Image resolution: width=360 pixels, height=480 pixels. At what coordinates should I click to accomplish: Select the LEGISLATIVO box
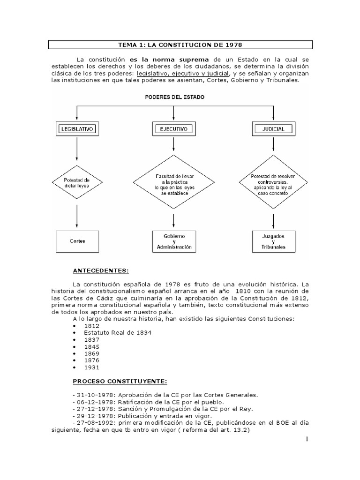pyautogui.click(x=76, y=127)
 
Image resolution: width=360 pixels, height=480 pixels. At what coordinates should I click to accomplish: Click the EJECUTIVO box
pyautogui.click(x=174, y=127)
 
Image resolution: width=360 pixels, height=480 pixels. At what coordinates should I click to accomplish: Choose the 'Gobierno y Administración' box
pyautogui.click(x=174, y=241)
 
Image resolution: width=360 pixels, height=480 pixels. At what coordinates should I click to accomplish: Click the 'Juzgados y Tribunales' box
pyautogui.click(x=273, y=241)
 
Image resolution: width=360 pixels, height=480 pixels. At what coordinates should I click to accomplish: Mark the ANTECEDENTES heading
pyautogui.click(x=100, y=270)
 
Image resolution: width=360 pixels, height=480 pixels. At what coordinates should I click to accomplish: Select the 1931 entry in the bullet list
pyautogui.click(x=92, y=367)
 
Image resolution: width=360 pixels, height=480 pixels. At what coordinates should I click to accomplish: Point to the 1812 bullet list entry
pyautogui.click(x=92, y=325)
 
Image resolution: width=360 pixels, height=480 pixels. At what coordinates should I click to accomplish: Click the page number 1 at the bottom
pyautogui.click(x=307, y=439)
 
